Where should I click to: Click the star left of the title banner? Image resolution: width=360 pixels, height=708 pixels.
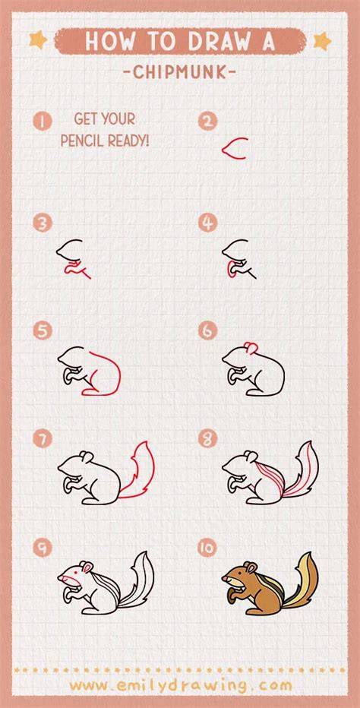coord(38,40)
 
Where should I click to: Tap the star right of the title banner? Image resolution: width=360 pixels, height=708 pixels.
coord(323,41)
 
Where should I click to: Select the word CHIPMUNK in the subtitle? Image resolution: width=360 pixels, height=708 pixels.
coord(180,72)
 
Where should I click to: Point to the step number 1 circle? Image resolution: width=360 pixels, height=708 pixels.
coord(43,122)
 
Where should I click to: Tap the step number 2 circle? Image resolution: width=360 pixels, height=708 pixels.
coord(207,121)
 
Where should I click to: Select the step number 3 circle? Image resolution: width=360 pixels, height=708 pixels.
coord(43,223)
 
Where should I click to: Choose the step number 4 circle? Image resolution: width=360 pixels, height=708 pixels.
coord(207,223)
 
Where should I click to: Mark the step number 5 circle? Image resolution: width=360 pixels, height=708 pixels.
coord(43,331)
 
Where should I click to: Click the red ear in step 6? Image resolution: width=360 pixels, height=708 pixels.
coord(251,346)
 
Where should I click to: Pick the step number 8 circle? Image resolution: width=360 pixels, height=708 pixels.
coord(207,438)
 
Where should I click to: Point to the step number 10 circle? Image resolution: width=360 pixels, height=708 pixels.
coord(207,548)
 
